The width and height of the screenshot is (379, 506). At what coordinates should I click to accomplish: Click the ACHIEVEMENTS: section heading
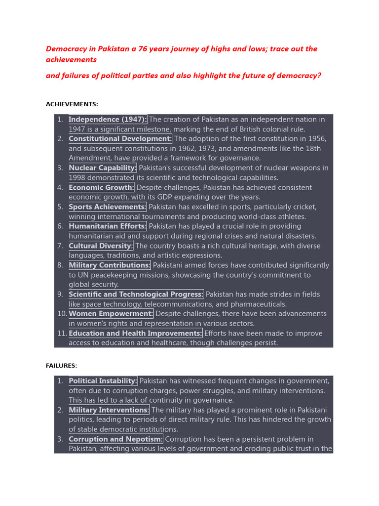pyautogui.click(x=72, y=104)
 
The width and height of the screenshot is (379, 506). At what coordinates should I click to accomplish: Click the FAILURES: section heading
pyautogui.click(x=62, y=366)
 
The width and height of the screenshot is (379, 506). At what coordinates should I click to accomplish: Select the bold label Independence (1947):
pyautogui.click(x=108, y=119)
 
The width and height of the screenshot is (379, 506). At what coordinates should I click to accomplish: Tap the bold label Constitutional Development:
pyautogui.click(x=120, y=139)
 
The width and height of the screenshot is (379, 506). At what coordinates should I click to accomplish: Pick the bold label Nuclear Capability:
pyautogui.click(x=103, y=168)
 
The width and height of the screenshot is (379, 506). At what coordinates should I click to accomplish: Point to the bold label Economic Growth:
pyautogui.click(x=101, y=188)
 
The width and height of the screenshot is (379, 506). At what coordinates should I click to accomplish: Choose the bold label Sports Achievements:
pyautogui.click(x=108, y=207)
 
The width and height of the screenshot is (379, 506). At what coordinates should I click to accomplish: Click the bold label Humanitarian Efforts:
pyautogui.click(x=108, y=226)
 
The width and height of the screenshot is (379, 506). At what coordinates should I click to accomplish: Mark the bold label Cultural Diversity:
pyautogui.click(x=101, y=246)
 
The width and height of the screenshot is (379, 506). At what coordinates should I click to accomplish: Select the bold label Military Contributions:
pyautogui.click(x=110, y=265)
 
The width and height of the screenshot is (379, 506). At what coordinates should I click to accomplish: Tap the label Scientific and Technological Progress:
pyautogui.click(x=136, y=295)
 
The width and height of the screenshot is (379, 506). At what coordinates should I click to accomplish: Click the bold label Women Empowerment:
pyautogui.click(x=111, y=314)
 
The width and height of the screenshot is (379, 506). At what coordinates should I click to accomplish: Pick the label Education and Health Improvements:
pyautogui.click(x=135, y=334)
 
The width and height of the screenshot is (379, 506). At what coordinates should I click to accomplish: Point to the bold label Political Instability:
pyautogui.click(x=103, y=381)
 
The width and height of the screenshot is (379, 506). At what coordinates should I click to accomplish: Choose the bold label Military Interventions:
pyautogui.click(x=109, y=410)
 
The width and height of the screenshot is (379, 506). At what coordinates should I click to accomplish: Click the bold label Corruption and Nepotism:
pyautogui.click(x=116, y=439)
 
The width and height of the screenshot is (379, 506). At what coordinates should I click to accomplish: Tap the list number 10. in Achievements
pyautogui.click(x=62, y=314)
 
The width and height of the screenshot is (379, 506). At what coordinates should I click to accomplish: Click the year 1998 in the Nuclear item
pyautogui.click(x=77, y=178)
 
